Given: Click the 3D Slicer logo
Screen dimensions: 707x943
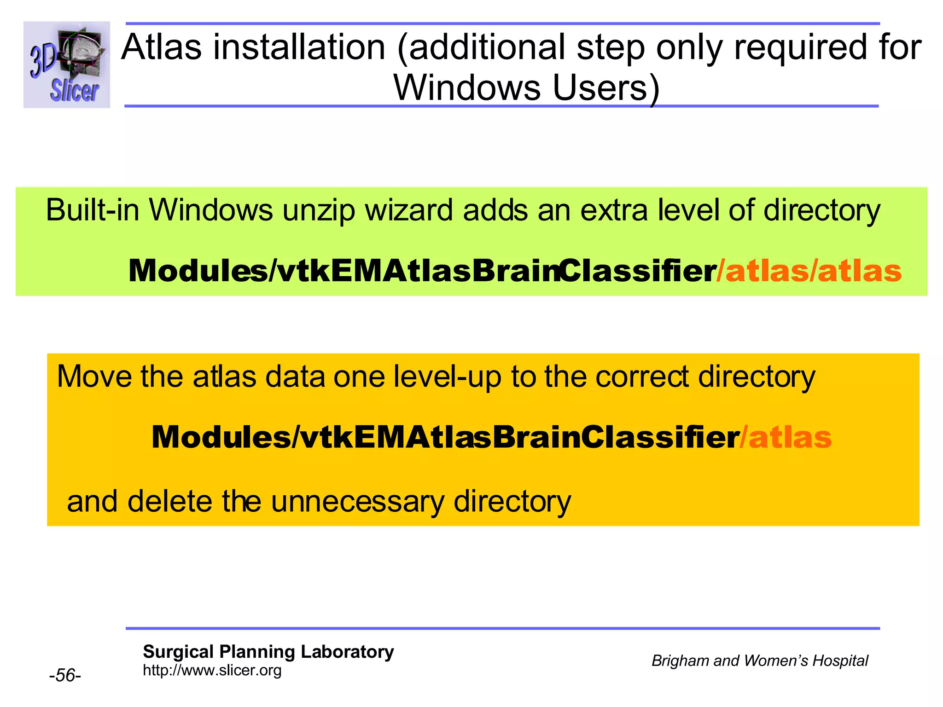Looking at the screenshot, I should [x=67, y=64].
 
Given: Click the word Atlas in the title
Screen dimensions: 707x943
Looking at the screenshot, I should [x=162, y=47].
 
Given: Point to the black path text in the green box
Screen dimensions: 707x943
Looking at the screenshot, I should [x=422, y=271].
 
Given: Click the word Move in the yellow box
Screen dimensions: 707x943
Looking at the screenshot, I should [x=94, y=377].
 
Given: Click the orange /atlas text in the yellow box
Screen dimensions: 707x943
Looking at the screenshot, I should [x=786, y=437].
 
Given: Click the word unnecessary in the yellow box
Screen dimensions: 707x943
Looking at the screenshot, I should [x=357, y=502].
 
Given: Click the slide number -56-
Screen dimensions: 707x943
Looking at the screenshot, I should [x=65, y=675].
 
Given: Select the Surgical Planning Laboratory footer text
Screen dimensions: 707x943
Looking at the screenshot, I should [x=268, y=652].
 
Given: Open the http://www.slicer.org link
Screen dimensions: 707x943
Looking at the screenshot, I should [x=212, y=670].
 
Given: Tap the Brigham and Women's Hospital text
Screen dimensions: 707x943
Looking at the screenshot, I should [x=759, y=661].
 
